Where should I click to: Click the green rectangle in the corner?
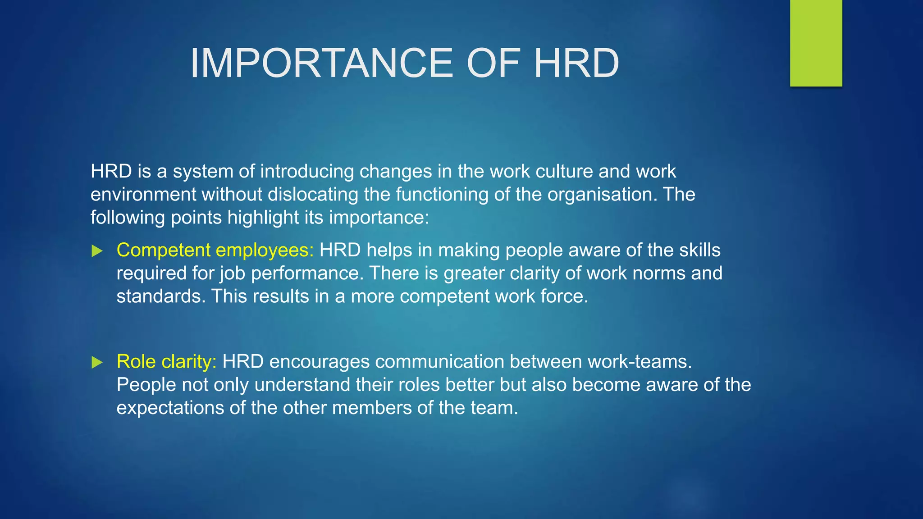pos(816,43)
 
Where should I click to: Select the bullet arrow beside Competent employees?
pos(97,251)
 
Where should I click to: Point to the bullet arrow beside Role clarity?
pos(97,362)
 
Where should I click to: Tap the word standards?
pos(161,296)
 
